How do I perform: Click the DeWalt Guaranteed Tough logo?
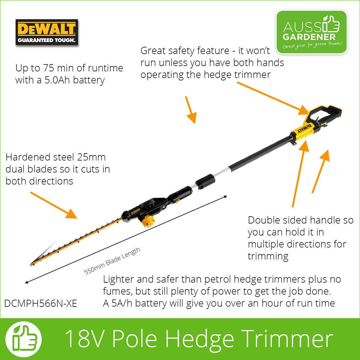coord(47,32)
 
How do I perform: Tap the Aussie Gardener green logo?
coord(311,32)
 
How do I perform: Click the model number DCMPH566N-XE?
coord(41,304)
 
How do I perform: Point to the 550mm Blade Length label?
coord(112,261)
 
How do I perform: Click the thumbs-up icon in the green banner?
coord(24,339)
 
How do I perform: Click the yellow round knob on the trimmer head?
coord(147,221)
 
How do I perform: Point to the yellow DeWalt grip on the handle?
coord(303,130)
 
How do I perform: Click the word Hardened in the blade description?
coord(28,157)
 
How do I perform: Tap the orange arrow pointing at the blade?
coord(54,205)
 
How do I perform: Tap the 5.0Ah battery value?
coord(57,80)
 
